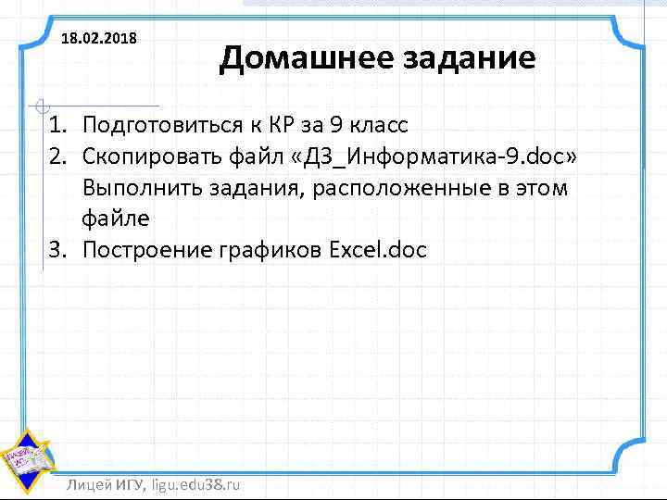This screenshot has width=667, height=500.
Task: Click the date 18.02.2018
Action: [98, 39]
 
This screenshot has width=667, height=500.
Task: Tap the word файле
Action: [115, 219]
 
